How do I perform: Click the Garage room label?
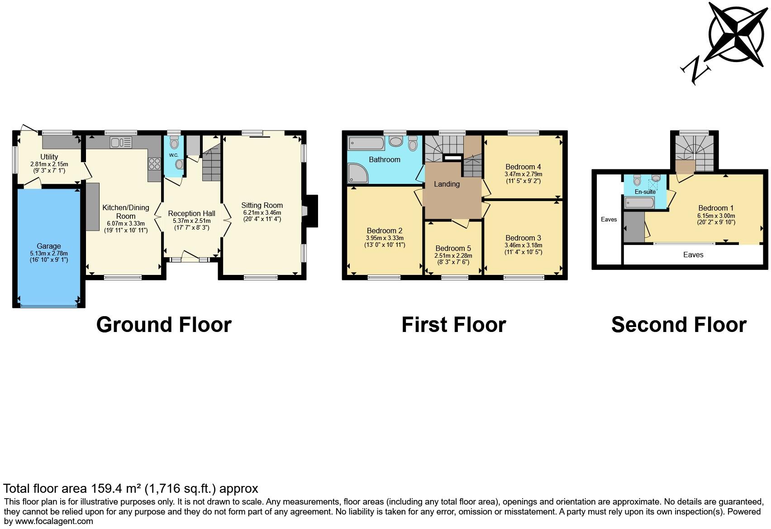[x=48, y=246]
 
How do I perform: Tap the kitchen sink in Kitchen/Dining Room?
[x=121, y=143]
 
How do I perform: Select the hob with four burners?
[x=154, y=164]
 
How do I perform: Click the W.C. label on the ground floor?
[x=174, y=155]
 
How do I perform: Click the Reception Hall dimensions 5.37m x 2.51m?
[x=191, y=221]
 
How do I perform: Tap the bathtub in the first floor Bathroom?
[x=366, y=144]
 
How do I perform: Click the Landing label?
[x=447, y=184]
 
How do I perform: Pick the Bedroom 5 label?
[x=453, y=248]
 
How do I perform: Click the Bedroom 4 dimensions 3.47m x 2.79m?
[x=523, y=174]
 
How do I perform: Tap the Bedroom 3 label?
[x=523, y=238]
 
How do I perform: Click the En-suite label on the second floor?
[x=645, y=192]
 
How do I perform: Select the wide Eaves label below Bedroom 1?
[x=693, y=255]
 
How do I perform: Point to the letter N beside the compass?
[x=695, y=70]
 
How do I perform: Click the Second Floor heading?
[x=678, y=325]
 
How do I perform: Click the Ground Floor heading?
[x=164, y=325]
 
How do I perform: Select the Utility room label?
[x=49, y=157]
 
